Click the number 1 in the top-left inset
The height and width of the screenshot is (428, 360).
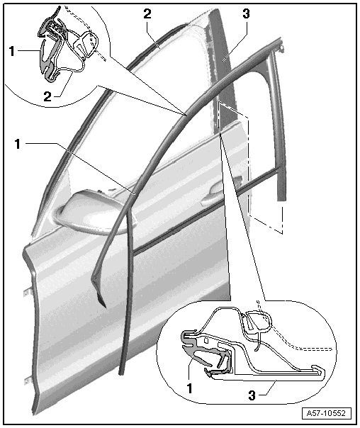[x=11, y=51]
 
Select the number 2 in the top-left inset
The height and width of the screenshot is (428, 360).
[x=47, y=96]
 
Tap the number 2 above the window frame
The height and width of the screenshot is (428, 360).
[x=147, y=14]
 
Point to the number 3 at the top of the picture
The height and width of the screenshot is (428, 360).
[x=246, y=13]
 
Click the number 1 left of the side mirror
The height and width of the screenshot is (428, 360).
[x=18, y=144]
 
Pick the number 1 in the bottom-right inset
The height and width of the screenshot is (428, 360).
[x=189, y=388]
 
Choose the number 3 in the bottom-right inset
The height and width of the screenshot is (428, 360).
[x=252, y=395]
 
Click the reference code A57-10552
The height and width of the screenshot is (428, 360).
[x=326, y=413]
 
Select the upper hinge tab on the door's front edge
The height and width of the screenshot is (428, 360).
[x=26, y=292]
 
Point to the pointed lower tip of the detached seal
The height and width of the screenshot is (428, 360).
[x=104, y=306]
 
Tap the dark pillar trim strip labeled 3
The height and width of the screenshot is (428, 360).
[x=222, y=68]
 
